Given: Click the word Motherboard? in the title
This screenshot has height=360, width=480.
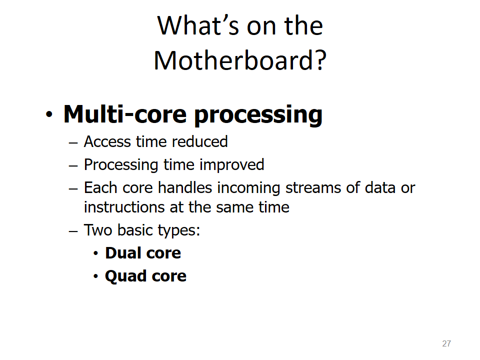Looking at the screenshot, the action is point(240,60).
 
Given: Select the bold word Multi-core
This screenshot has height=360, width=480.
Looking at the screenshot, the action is point(125,114).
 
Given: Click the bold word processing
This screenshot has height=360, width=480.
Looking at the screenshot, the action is point(258,115).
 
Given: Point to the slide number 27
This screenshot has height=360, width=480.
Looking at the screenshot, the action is point(446,343).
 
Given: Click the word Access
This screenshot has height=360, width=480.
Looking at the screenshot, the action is point(107,141).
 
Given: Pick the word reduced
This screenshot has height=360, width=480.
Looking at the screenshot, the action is point(200,141).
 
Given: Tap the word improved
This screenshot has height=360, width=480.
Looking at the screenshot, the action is point(231,165).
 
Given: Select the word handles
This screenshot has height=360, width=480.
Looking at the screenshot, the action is point(185,187).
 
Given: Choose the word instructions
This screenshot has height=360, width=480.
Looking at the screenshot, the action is point(124,207).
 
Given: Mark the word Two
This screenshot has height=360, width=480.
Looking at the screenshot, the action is point(98,230).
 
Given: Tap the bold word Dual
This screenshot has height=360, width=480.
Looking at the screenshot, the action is point(123,253).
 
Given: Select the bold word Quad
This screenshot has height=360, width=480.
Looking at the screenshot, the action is point(125,276).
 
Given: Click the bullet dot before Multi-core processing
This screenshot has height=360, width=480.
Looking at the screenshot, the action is point(49,115).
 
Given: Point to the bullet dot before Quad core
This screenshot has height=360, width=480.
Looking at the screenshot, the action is point(96,276).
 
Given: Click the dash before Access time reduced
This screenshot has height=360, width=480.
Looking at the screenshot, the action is point(73,142).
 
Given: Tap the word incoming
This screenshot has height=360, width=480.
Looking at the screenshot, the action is point(248,188).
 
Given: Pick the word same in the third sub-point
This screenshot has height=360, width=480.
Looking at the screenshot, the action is point(234,207).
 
